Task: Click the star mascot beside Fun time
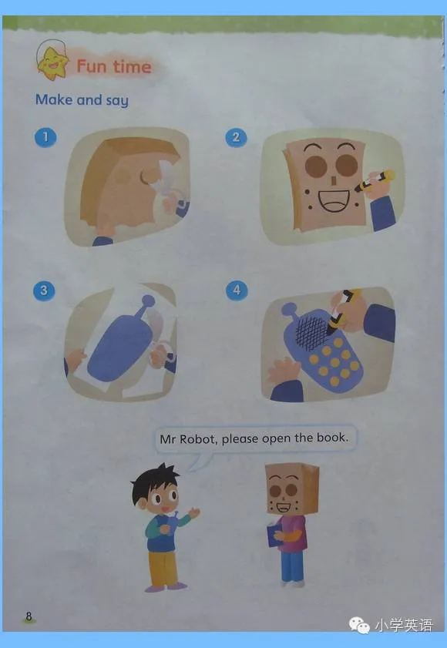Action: pos(52,63)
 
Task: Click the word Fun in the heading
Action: pos(92,66)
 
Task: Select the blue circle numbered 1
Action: pos(45,137)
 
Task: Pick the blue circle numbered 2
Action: pos(236,137)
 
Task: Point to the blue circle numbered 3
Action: pos(44,290)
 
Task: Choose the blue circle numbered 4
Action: pos(237,290)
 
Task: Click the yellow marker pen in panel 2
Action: pos(375,180)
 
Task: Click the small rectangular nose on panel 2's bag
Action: pos(333,180)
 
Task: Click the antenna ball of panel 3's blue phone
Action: pos(148,300)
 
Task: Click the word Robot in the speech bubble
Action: pos(197,438)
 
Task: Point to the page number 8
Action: pos(29,616)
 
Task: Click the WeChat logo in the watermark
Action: pos(359,625)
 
